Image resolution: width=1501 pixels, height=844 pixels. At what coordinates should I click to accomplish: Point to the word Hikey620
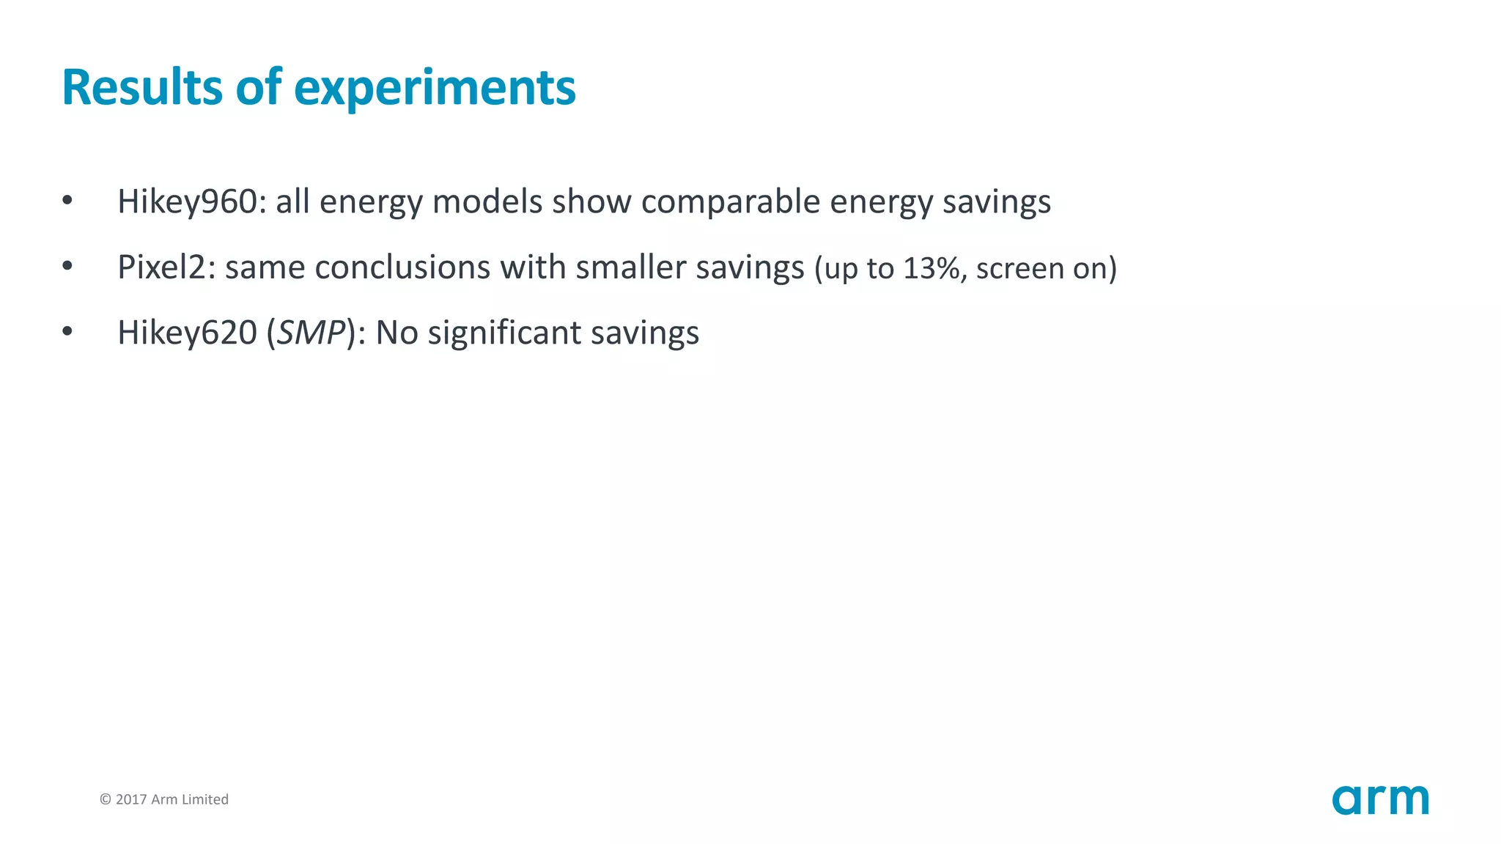point(187,333)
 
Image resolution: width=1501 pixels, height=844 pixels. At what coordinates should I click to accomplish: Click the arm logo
point(1380,800)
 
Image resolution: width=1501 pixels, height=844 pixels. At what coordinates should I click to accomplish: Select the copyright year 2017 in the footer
point(131,799)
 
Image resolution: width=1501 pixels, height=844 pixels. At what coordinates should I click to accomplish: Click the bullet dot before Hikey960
point(67,200)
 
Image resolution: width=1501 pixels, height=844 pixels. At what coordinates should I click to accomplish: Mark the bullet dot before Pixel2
point(67,266)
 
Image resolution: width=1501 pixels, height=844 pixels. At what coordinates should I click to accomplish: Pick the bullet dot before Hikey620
point(67,331)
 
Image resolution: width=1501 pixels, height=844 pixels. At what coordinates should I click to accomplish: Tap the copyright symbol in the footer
point(106,799)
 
